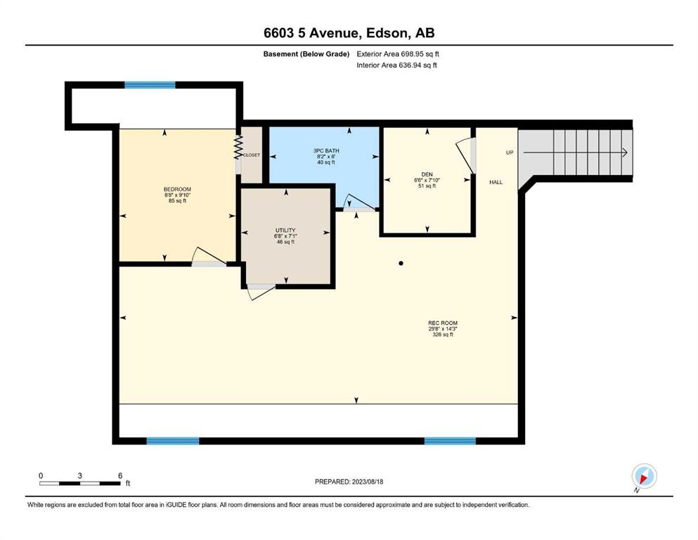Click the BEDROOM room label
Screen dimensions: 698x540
tap(177, 189)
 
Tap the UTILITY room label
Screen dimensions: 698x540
tap(285, 230)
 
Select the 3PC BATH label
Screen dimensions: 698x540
tap(326, 150)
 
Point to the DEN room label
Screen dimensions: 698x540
tap(427, 174)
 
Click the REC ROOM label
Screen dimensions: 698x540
tap(443, 323)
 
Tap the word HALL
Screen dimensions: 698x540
tap(496, 182)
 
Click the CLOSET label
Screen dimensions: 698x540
tap(252, 155)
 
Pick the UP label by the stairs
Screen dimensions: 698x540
tap(510, 153)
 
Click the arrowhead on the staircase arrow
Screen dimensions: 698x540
tap(625, 153)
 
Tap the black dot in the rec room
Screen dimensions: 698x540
tap(401, 264)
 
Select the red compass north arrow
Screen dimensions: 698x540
tap(643, 479)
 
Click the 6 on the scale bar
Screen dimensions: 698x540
tap(120, 475)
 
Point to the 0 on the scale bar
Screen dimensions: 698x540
tap(41, 475)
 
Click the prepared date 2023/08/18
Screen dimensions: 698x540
tap(367, 482)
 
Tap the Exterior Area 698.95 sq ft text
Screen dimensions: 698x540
tap(398, 54)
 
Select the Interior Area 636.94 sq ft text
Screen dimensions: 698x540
tap(396, 65)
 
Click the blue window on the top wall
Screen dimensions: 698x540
tap(150, 85)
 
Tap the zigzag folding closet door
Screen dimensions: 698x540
tap(238, 147)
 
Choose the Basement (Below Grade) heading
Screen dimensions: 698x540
tap(306, 54)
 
